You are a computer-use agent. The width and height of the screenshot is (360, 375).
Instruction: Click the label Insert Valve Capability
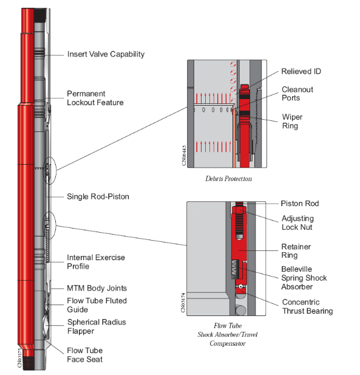tap(106, 54)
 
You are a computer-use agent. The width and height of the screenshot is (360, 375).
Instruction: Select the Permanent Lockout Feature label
tap(95, 98)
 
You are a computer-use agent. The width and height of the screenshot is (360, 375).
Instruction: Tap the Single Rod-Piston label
tap(98, 196)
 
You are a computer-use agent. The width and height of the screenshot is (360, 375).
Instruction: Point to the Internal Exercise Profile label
tap(96, 262)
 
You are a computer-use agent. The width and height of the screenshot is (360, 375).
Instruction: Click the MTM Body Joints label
tap(97, 288)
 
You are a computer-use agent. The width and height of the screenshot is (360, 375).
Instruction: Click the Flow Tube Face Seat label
tap(84, 355)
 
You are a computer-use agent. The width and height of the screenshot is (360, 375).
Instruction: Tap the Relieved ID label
tap(301, 72)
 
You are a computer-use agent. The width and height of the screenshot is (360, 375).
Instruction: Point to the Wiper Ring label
tap(291, 122)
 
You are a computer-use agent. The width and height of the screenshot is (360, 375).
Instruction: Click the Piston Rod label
tap(300, 204)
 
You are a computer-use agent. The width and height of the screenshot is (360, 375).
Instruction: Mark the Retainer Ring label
tap(297, 252)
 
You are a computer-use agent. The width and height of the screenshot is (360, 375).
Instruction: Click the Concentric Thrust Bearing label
tap(307, 306)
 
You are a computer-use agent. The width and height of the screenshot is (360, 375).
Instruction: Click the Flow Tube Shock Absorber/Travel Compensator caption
tap(228, 334)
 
